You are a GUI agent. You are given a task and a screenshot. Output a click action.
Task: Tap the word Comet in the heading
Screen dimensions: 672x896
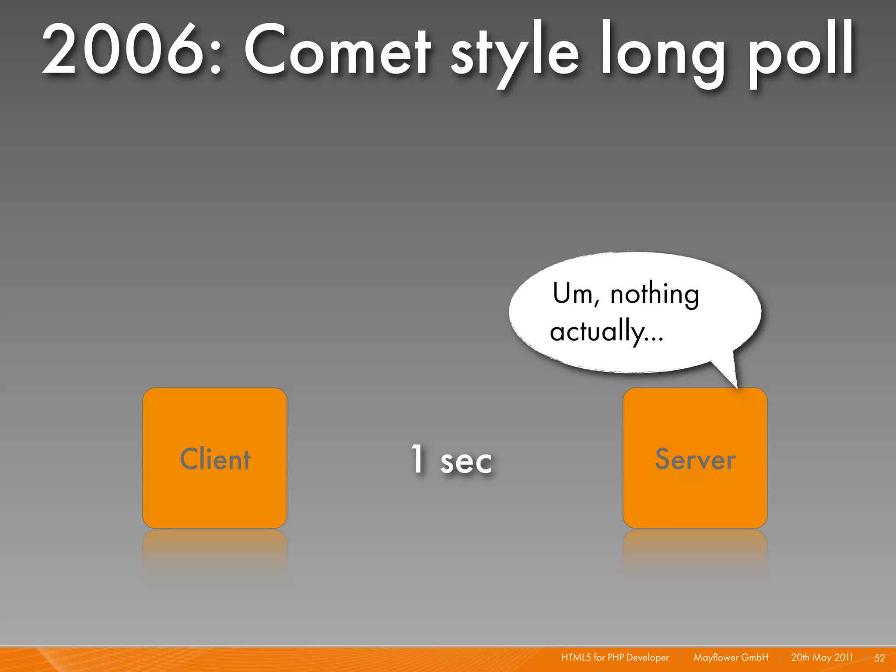(x=337, y=50)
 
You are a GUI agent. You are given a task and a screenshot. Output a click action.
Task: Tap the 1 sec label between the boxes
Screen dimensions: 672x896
(x=451, y=460)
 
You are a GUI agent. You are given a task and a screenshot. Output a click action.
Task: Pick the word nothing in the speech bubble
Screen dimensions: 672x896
(x=654, y=294)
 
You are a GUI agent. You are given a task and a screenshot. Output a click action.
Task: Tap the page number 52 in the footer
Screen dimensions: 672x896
(x=879, y=658)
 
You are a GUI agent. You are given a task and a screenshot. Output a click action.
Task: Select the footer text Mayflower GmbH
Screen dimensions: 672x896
(x=731, y=658)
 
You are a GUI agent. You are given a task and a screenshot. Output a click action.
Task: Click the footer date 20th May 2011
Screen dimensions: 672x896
(x=822, y=658)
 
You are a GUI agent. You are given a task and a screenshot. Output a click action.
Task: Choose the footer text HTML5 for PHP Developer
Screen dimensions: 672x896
(x=615, y=658)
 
